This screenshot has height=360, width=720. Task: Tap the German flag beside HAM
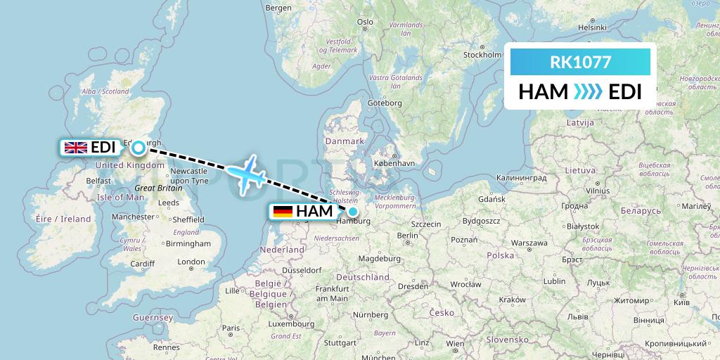283,211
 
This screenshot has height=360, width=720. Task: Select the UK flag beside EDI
75,147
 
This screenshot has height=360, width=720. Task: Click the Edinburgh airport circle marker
138,147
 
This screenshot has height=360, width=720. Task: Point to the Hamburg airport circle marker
352,211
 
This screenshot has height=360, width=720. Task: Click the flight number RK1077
580,62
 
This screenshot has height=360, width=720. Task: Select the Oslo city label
365,22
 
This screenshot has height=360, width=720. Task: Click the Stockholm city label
482,55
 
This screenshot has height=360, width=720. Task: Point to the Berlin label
407,236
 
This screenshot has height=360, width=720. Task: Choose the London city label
191,262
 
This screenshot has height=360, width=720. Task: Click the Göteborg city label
384,103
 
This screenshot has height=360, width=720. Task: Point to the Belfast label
98,181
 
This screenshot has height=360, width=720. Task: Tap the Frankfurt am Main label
333,293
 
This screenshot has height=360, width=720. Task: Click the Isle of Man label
120,197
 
